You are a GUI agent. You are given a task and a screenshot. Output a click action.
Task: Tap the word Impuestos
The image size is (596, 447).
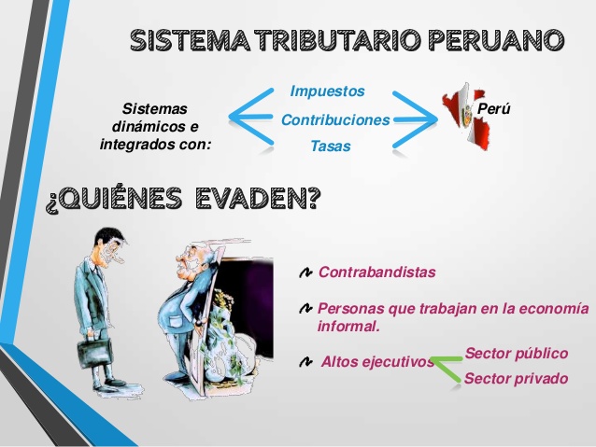[327, 91]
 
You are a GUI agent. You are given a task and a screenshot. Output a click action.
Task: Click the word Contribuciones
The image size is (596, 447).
[335, 120]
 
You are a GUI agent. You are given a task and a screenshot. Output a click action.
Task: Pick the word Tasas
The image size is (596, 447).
[330, 147]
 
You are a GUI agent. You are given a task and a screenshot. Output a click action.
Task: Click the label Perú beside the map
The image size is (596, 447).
[493, 109]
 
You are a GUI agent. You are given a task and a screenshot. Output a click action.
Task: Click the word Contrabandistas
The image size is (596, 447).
[376, 272]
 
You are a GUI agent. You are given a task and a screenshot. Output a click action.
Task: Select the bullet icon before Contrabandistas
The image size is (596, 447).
[305, 273]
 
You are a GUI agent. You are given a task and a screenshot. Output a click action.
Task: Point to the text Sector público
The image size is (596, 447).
[516, 353]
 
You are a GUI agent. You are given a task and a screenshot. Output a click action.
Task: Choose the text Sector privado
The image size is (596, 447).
[515, 378]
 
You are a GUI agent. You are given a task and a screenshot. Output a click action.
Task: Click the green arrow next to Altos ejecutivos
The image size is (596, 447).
[447, 365]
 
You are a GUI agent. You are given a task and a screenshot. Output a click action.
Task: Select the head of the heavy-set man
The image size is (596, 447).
[191, 267]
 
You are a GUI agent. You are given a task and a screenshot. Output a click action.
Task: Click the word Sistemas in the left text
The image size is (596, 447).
[155, 108]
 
